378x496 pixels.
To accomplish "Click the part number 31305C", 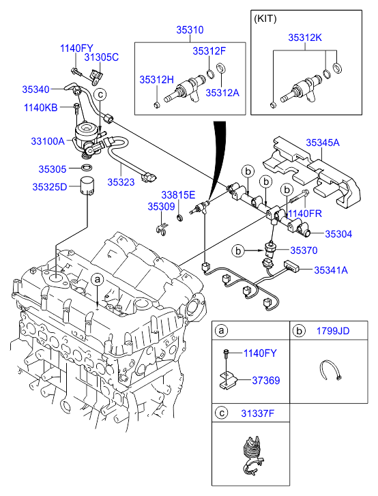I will (102, 58).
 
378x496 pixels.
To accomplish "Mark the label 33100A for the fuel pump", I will (48, 141).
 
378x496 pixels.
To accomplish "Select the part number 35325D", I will (50, 186).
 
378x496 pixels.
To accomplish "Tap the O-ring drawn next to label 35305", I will (87, 167).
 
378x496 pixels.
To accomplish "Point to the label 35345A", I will (322, 143).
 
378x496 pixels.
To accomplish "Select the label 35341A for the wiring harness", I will (331, 270).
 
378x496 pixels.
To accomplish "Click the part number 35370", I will (304, 250).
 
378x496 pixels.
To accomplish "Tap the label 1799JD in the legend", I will (332, 331).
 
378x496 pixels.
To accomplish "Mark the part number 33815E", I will (178, 194).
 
